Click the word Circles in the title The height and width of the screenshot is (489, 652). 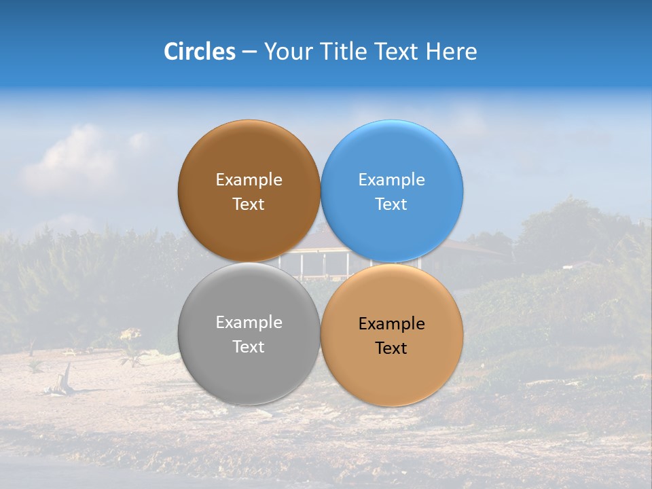point(199,51)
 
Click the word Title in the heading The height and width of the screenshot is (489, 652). point(341,51)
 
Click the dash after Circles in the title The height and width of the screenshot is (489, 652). point(249,52)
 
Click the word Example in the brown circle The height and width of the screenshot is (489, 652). point(249,180)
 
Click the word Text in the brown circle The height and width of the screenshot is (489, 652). point(249,204)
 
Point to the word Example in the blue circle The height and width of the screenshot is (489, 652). point(392,180)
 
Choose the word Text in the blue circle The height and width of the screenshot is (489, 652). point(392,204)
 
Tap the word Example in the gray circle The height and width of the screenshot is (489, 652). point(249,323)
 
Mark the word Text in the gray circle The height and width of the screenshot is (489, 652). point(249,347)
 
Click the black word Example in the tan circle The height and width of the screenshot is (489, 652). point(392,324)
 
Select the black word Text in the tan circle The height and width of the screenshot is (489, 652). point(392,348)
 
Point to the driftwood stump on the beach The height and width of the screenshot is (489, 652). point(65,380)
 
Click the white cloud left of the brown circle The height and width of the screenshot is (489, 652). point(71,160)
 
